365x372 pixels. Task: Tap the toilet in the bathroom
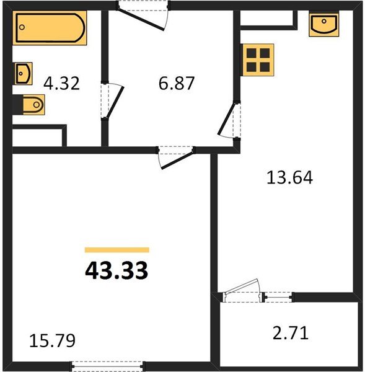[30, 105]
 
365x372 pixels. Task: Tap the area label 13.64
[289, 178]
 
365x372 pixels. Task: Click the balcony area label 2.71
[291, 332]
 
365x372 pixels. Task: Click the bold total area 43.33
[117, 271]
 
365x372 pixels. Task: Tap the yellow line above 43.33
[117, 250]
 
